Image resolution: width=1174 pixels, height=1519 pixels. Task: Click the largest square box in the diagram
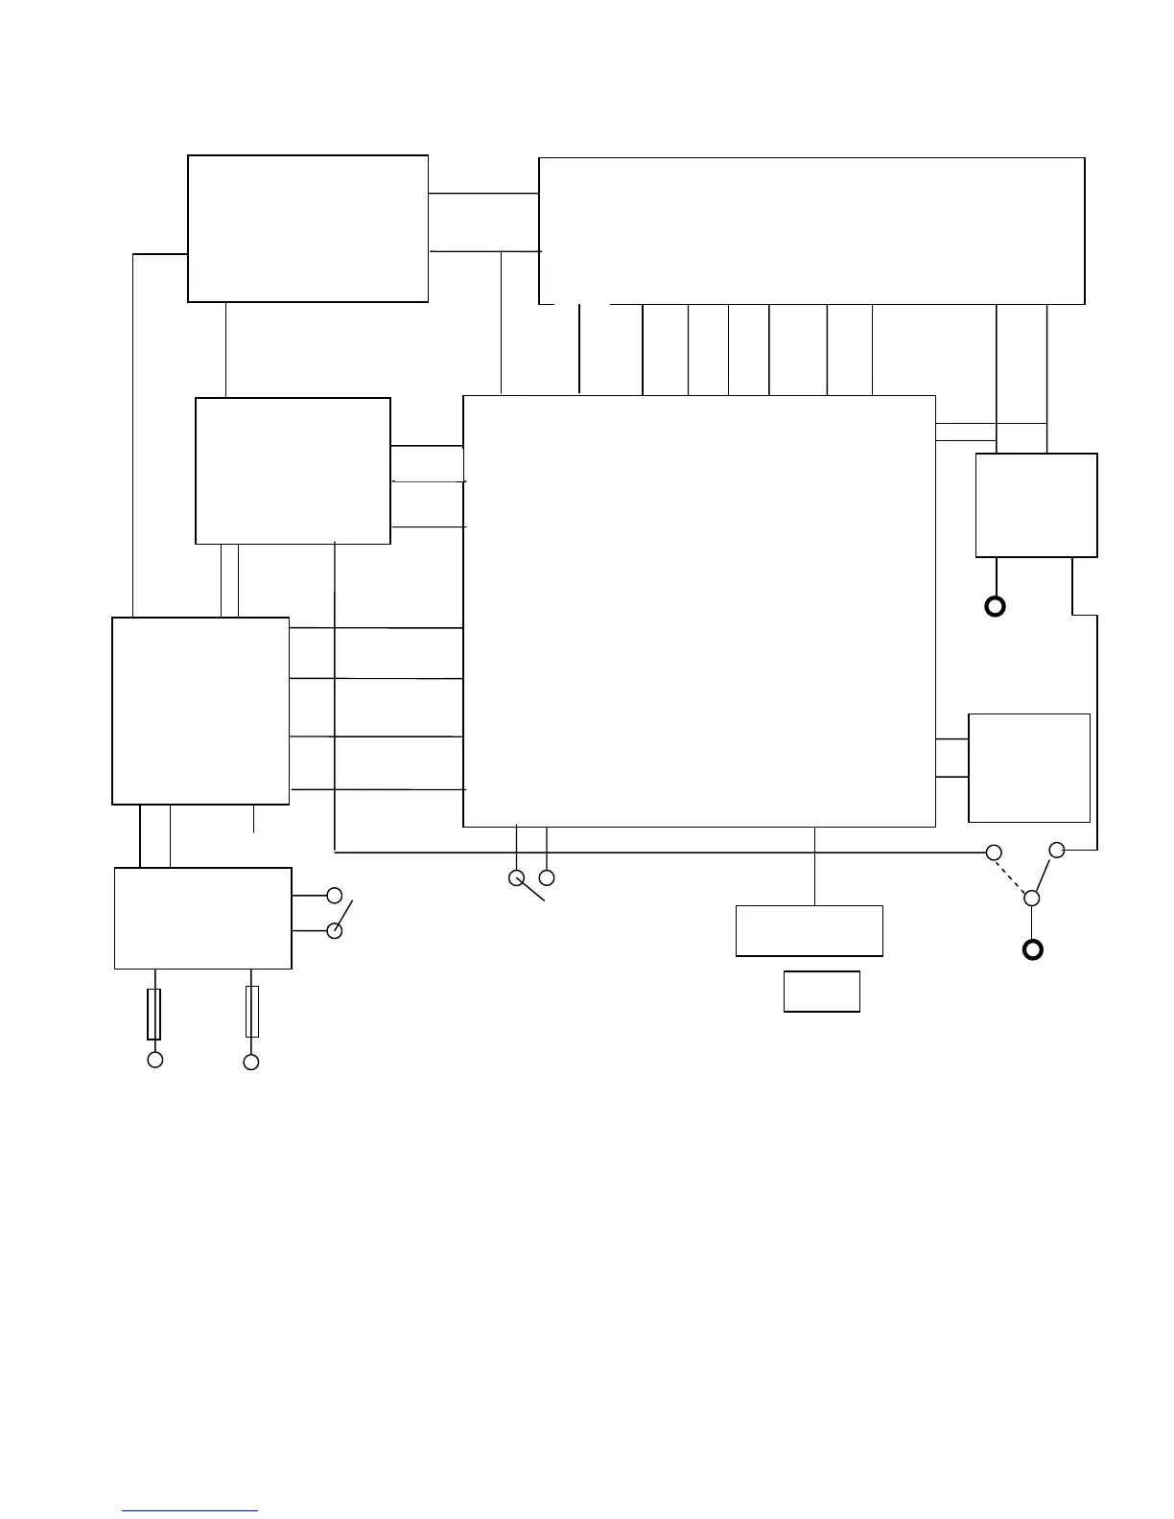click(698, 611)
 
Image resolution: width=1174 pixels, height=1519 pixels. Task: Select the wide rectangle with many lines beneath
click(811, 231)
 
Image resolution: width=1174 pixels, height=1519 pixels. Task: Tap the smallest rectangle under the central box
click(821, 992)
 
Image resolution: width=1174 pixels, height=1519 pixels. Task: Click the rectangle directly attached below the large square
click(809, 930)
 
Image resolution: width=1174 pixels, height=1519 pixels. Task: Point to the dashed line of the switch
click(1013, 876)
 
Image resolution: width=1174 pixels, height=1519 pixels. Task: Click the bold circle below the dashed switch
click(1032, 950)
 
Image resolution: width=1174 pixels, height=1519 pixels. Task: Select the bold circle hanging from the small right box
click(996, 606)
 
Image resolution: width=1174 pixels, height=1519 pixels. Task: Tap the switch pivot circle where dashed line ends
click(1032, 899)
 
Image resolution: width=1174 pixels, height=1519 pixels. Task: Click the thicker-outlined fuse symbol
click(153, 1015)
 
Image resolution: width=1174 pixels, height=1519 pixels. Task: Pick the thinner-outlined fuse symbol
click(252, 1012)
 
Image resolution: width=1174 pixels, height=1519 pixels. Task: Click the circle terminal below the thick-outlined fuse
click(154, 1060)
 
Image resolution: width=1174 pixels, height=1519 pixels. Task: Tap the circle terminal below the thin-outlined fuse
click(251, 1062)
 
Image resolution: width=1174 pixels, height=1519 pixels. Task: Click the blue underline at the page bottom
click(190, 1512)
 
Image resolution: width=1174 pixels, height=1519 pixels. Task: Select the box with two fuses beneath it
click(202, 919)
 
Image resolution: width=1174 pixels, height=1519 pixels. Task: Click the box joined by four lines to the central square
click(200, 711)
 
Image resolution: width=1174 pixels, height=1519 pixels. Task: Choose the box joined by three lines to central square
click(293, 471)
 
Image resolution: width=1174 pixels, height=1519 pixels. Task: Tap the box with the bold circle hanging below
click(1036, 505)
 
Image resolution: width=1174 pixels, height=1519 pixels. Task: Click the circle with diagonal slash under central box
click(517, 877)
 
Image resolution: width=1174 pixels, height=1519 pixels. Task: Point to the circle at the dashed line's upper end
click(995, 853)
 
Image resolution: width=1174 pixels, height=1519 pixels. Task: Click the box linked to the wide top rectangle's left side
click(307, 228)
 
